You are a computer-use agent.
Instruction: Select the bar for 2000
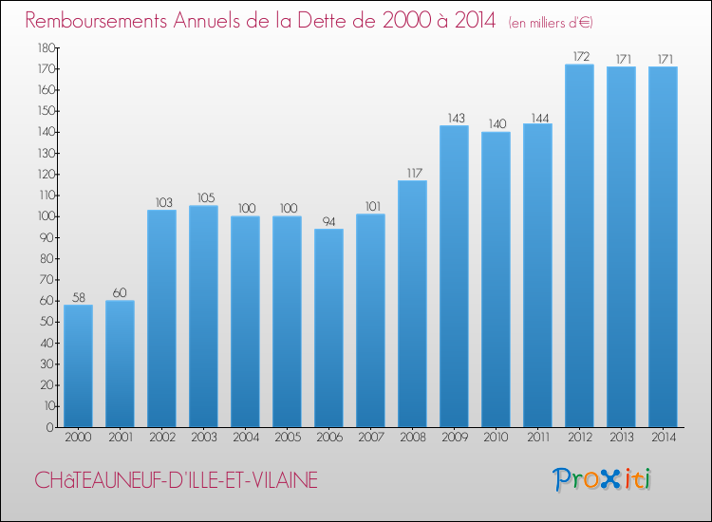(78, 365)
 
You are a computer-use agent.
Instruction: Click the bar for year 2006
(328, 327)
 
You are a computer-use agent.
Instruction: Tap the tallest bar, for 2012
(579, 246)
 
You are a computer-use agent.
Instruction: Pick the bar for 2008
(412, 304)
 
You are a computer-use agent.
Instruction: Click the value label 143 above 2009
(454, 119)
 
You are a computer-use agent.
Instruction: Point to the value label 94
(328, 222)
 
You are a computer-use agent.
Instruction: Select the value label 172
(579, 57)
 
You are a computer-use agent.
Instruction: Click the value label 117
(412, 174)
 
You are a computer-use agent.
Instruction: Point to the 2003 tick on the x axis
(203, 438)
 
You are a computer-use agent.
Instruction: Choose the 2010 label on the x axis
(496, 438)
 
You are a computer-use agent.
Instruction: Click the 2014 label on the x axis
(663, 438)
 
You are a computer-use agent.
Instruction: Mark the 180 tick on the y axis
(45, 47)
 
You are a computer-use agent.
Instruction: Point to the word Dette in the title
(356, 20)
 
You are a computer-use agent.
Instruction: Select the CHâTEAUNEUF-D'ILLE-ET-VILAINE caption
(176, 480)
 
